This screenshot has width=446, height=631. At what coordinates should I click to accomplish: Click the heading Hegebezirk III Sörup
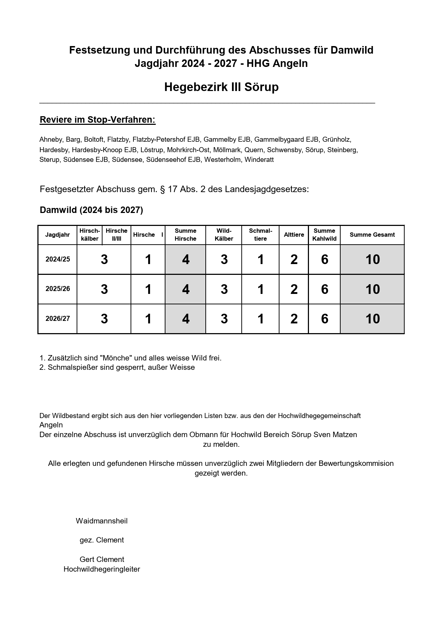(x=221, y=87)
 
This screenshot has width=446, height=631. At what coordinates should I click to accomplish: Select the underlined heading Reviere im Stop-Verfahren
(x=97, y=120)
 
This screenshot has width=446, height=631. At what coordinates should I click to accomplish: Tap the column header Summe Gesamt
(x=372, y=235)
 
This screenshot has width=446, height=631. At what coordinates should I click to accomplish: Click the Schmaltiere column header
(x=260, y=235)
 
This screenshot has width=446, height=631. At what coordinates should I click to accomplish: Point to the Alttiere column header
(x=294, y=235)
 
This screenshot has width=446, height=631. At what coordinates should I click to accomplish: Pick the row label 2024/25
(x=58, y=259)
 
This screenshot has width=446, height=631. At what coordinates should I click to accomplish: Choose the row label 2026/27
(x=58, y=319)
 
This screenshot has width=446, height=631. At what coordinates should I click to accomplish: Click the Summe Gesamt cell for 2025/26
(x=372, y=289)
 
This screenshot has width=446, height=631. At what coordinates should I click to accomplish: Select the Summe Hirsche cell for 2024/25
(x=186, y=259)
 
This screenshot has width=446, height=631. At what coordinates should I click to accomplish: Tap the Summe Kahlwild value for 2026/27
(x=324, y=319)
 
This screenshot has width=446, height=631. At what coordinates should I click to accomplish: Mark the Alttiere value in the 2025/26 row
(x=294, y=289)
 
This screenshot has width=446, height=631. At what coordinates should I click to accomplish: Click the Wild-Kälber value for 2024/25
(x=224, y=259)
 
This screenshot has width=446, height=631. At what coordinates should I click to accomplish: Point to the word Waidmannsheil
(x=101, y=521)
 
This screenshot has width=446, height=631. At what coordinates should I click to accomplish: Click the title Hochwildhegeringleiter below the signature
(x=101, y=569)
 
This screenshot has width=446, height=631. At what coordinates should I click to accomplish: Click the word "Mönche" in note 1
(x=118, y=358)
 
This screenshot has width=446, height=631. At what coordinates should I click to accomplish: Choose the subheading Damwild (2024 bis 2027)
(x=91, y=210)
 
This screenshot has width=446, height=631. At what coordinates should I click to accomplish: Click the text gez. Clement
(x=101, y=540)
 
